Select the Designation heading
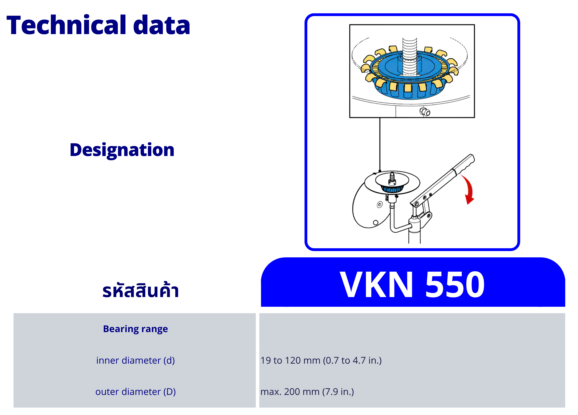122,150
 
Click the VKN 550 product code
412,284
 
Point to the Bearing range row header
135,329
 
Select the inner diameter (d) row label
135,360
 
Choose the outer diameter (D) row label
135,392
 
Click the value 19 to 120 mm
290,360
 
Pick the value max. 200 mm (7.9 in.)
307,392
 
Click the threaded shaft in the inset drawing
410,56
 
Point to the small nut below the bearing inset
425,112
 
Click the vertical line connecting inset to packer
380,144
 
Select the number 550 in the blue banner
455,284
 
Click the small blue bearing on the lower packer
392,189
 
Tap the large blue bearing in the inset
410,74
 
